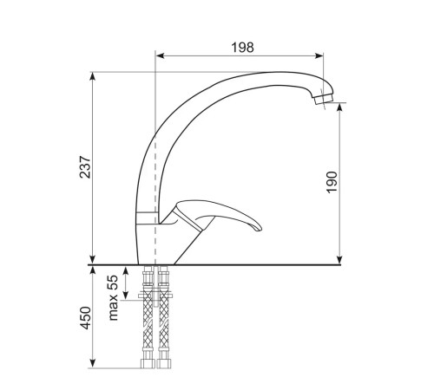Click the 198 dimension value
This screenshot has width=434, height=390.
coord(242,48)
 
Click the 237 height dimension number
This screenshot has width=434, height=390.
coord(85,167)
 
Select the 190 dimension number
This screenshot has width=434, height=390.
coord(332,182)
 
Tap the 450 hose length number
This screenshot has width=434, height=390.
coord(85,318)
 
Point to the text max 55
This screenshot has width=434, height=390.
coord(114,297)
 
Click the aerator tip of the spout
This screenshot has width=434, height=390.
coord(323,99)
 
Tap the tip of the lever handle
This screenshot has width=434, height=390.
coord(259,228)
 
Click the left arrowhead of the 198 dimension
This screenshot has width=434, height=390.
coord(160,55)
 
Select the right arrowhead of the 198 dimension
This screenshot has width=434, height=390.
coord(319,55)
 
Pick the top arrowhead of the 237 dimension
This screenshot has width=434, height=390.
coord(92,76)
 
